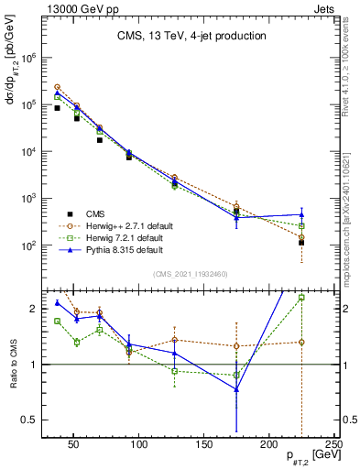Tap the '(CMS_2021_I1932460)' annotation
[191, 274]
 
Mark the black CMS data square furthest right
[301, 243]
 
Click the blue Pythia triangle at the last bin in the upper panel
[301, 214]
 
